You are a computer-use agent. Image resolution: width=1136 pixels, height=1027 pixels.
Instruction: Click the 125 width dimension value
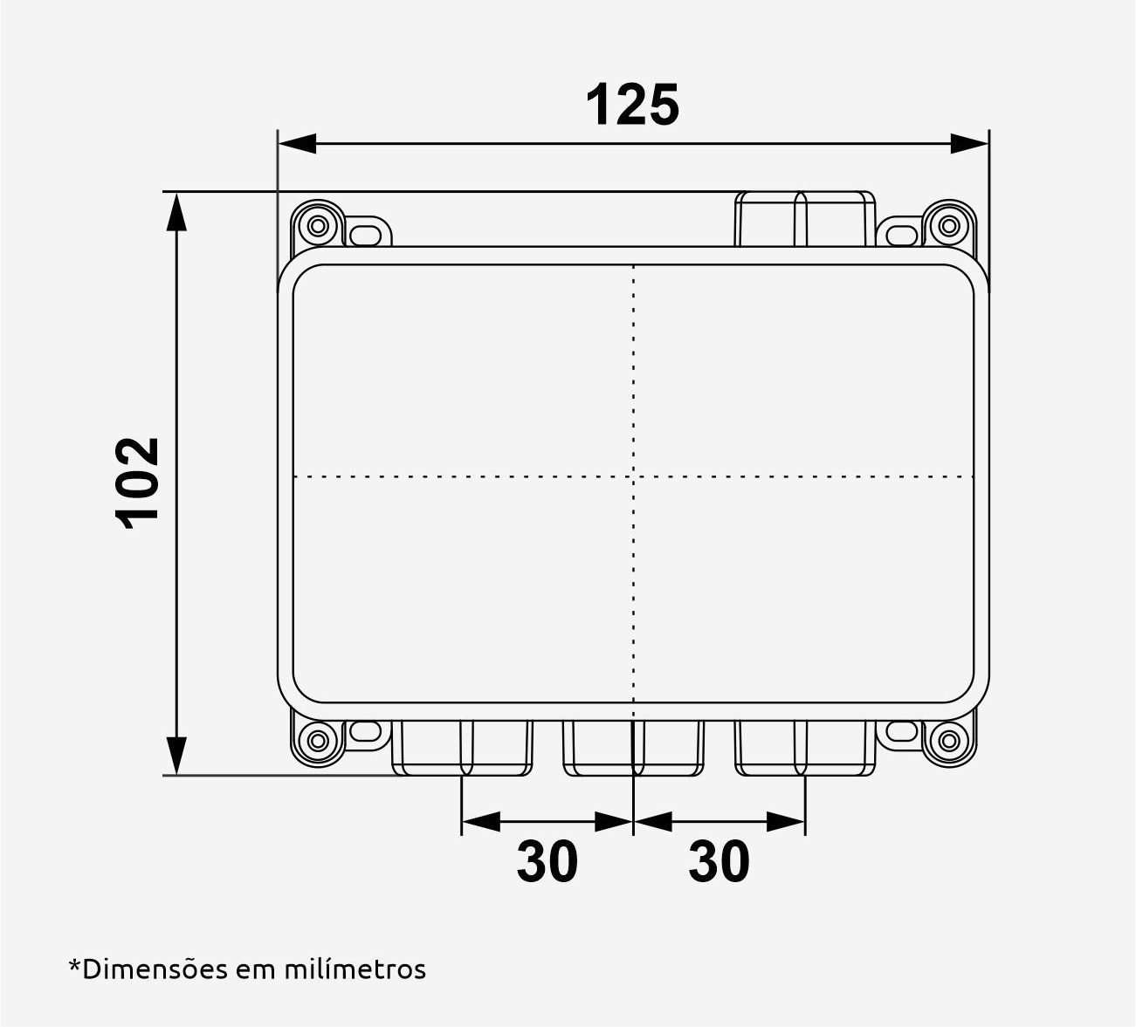pos(631,106)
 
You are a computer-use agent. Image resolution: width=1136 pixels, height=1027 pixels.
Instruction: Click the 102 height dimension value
pos(138,482)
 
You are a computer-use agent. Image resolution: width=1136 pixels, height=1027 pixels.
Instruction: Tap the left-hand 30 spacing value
pos(547,861)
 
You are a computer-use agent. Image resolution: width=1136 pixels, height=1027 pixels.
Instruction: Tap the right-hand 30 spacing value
pos(719,861)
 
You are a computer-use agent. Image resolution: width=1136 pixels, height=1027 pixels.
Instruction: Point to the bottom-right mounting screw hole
pos(947,742)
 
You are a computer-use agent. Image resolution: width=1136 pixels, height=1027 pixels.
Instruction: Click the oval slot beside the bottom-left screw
pos(369,733)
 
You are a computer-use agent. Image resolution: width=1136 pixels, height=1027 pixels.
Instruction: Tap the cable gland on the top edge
pos(805,219)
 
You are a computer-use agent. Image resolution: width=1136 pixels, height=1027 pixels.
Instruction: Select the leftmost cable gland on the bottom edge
pos(461,748)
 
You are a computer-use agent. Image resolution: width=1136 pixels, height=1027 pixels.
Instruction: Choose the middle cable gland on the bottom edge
pos(633,748)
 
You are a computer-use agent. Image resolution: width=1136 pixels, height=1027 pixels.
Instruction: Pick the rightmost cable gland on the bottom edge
pos(805,748)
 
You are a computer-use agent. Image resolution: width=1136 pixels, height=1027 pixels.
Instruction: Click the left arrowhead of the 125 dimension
pos(298,143)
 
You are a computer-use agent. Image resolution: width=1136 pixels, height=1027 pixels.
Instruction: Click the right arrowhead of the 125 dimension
pos(968,143)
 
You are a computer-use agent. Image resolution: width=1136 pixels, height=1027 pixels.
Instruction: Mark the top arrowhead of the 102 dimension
pos(176,211)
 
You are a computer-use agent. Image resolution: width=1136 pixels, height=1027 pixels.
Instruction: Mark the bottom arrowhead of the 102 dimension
pos(176,756)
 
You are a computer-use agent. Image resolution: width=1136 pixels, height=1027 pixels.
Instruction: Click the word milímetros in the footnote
pos(355,969)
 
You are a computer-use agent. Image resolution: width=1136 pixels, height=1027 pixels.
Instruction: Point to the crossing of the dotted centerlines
pos(633,476)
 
